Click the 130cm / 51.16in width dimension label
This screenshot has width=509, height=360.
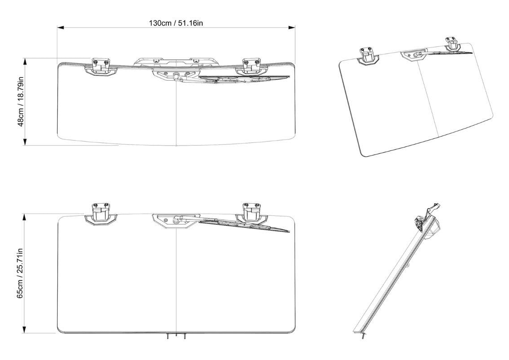176,23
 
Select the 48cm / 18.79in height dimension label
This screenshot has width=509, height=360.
20,102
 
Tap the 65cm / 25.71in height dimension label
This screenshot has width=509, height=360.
20,273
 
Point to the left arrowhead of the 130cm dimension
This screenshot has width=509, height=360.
60,28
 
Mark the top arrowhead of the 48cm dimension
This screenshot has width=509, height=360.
25,61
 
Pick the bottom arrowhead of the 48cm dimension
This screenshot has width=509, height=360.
25,142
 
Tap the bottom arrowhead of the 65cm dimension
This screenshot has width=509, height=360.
25,330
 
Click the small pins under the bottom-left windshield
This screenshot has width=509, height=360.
176,336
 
